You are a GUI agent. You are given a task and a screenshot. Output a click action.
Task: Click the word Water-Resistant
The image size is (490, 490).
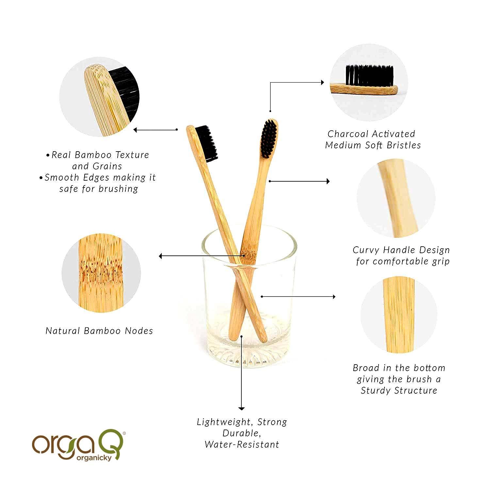(242, 445)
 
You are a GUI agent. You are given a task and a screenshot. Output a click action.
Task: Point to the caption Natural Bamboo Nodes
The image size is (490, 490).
(99, 331)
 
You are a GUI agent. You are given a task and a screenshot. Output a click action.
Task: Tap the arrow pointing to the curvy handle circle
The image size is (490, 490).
(299, 181)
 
